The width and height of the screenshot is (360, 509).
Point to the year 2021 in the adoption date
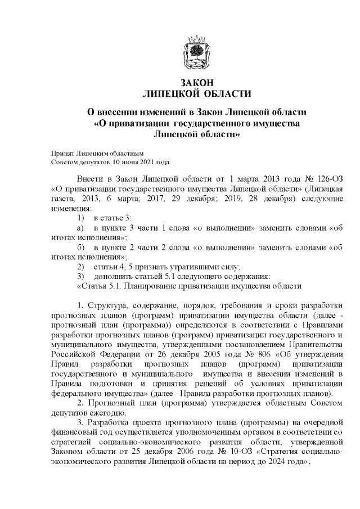143,161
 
